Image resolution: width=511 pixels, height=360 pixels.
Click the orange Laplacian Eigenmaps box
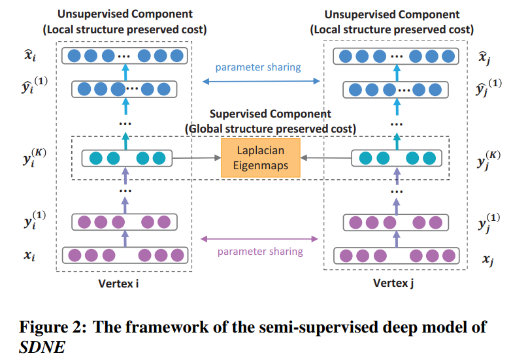(261, 157)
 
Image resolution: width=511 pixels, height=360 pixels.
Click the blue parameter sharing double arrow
(261, 81)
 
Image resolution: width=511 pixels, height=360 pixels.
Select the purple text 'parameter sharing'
(260, 251)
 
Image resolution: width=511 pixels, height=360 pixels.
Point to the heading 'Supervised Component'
(270, 114)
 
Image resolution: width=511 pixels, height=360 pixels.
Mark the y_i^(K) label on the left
(27, 157)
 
